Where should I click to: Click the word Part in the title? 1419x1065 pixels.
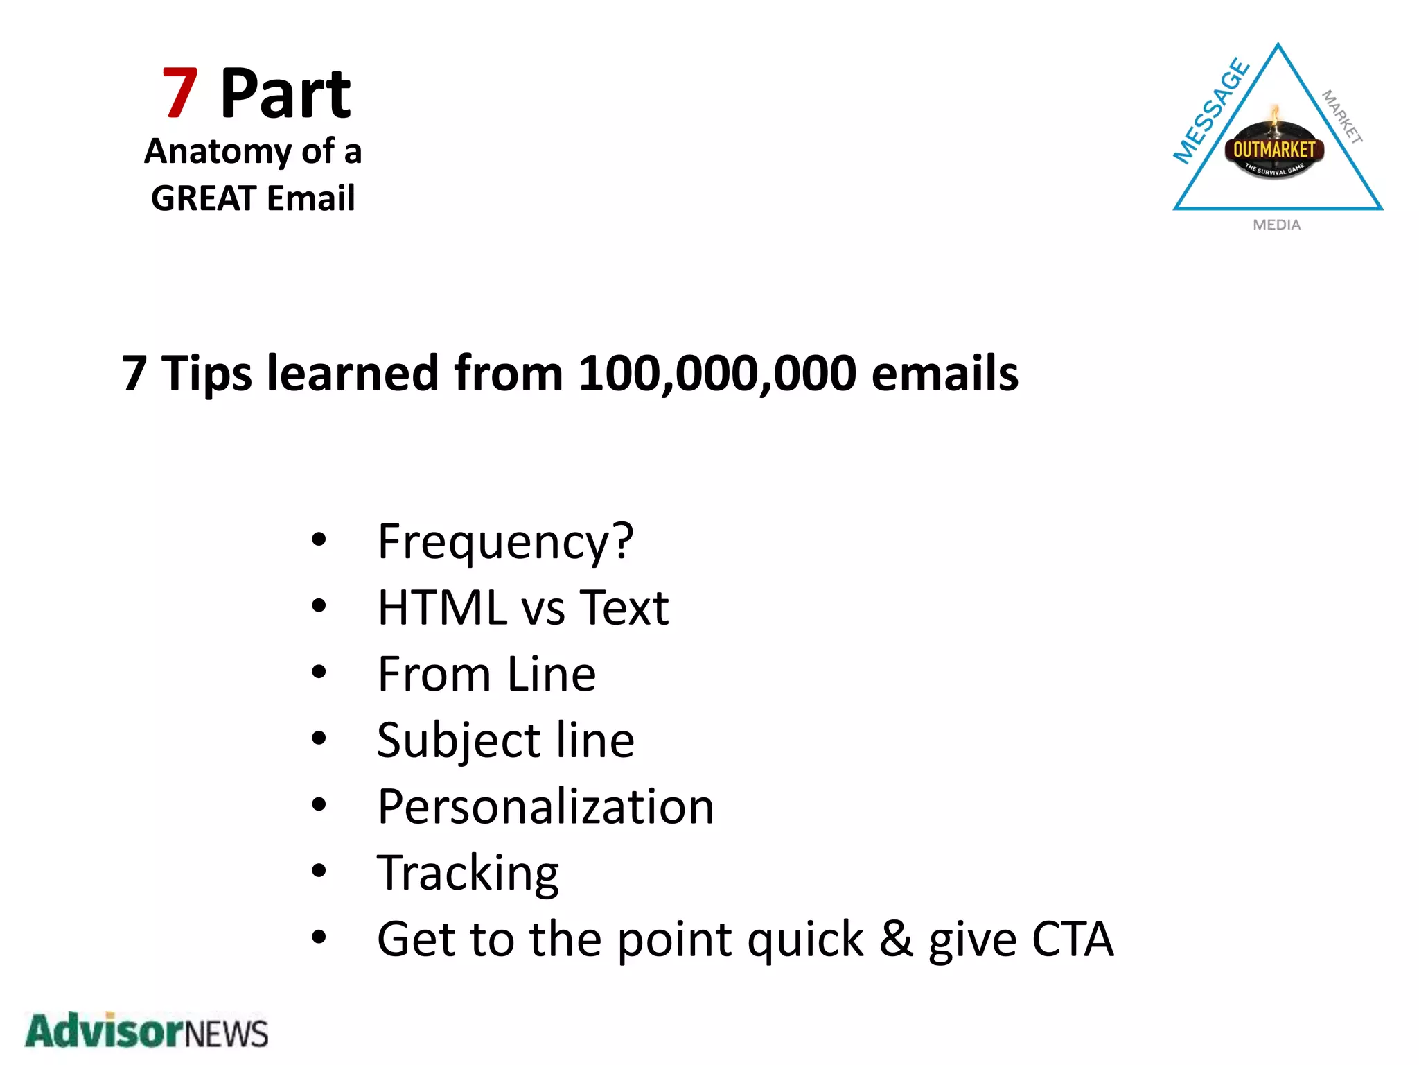pyautogui.click(x=285, y=94)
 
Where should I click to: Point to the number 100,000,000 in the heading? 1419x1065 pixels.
pyautogui.click(x=717, y=374)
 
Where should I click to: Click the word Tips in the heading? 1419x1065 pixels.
pyautogui.click(x=206, y=374)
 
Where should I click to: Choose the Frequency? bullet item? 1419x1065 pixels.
pyautogui.click(x=505, y=542)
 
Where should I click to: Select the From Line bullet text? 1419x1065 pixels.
pyautogui.click(x=486, y=674)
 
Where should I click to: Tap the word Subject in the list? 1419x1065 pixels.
pyautogui.click(x=458, y=741)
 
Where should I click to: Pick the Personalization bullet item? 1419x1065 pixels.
pyautogui.click(x=545, y=807)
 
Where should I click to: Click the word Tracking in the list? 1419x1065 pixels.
pyautogui.click(x=468, y=873)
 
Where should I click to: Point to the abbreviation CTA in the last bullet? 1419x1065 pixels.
pyautogui.click(x=1073, y=940)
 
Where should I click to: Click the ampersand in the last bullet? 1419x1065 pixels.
pyautogui.click(x=896, y=940)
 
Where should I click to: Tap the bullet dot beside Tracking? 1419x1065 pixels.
pyautogui.click(x=319, y=871)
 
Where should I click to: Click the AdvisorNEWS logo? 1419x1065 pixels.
pyautogui.click(x=146, y=1031)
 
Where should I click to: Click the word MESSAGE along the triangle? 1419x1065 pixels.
pyautogui.click(x=1211, y=111)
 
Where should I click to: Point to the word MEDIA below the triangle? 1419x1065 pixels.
pyautogui.click(x=1276, y=225)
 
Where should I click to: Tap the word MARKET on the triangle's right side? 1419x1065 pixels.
pyautogui.click(x=1342, y=116)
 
